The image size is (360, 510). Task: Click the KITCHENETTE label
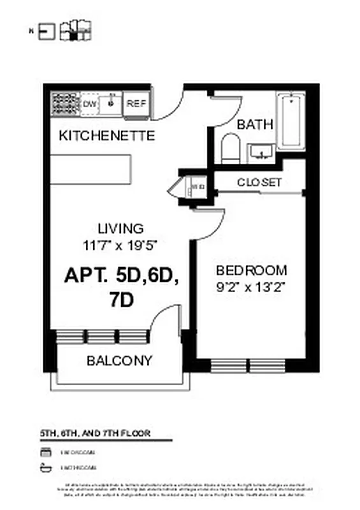[106, 136]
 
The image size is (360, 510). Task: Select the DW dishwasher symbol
[90, 103]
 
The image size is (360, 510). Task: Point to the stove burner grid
[66, 103]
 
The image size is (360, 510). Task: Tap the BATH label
[255, 124]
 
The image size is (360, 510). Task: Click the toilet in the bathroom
[229, 149]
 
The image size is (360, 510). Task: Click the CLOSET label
[259, 182]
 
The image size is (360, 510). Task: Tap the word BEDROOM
[251, 270]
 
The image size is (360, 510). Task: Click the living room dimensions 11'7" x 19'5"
[120, 244]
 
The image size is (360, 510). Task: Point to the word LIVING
[120, 228]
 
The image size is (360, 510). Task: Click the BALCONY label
[119, 361]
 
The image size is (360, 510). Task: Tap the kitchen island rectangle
[90, 169]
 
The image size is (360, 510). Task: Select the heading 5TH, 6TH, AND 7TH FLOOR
[95, 433]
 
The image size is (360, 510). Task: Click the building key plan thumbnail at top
[76, 30]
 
